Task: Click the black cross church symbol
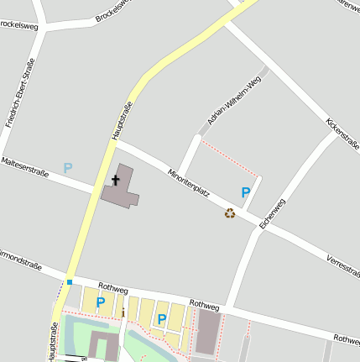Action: point(116,181)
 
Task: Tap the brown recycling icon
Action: point(230,213)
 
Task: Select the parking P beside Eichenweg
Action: point(246,192)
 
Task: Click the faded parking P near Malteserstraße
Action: point(68,168)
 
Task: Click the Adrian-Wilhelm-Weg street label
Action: point(235,100)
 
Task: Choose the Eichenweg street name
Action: point(273,213)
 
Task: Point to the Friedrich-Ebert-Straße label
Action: point(20,92)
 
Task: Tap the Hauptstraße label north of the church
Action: point(123,119)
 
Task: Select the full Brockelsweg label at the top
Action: point(115,13)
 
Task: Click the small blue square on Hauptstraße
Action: point(70,281)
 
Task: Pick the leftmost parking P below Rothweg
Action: point(101,302)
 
